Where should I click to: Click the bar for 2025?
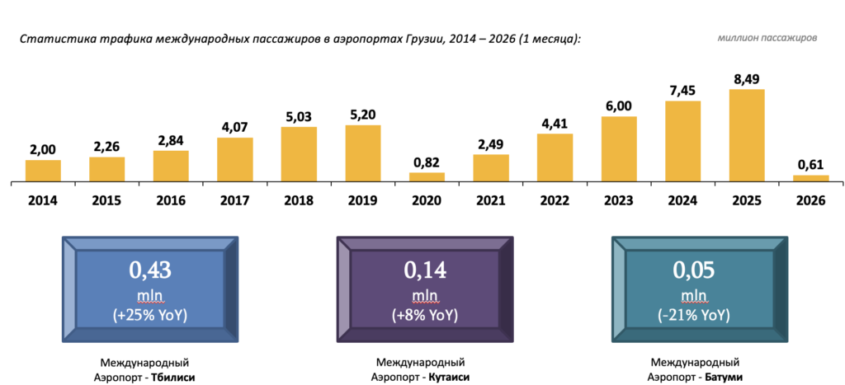747,135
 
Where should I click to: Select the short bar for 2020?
427,176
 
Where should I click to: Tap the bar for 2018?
299,153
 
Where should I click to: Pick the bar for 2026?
811,177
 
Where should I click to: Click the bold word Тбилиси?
175,376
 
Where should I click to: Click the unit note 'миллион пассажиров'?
767,38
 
